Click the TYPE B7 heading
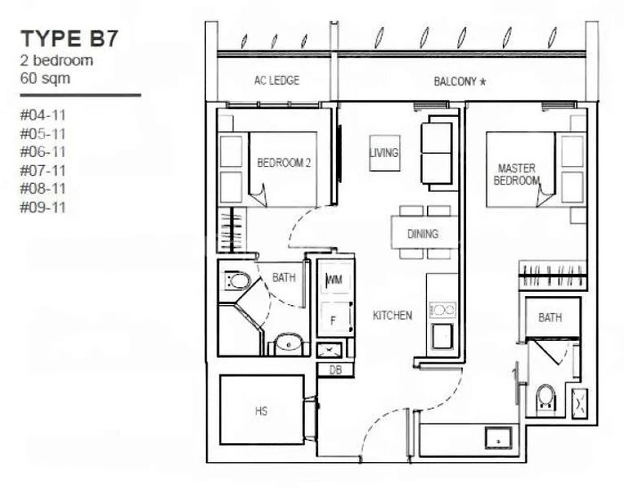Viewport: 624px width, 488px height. click(70, 39)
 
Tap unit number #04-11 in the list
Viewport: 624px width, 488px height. click(42, 115)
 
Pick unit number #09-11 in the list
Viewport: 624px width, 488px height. click(42, 207)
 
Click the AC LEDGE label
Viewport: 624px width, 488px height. click(277, 81)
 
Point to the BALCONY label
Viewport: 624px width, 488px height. click(459, 81)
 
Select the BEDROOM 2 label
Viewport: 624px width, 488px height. click(284, 163)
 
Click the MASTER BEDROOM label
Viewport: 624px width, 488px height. click(517, 174)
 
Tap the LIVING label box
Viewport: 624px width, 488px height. click(383, 153)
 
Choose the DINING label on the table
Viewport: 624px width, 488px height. click(423, 234)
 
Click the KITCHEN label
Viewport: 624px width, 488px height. click(392, 315)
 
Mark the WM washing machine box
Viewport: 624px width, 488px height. click(334, 281)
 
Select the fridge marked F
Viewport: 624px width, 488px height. click(334, 320)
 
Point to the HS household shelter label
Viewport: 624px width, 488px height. click(261, 412)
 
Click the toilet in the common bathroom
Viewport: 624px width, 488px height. click(238, 282)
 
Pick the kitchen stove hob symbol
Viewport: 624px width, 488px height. click(442, 309)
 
